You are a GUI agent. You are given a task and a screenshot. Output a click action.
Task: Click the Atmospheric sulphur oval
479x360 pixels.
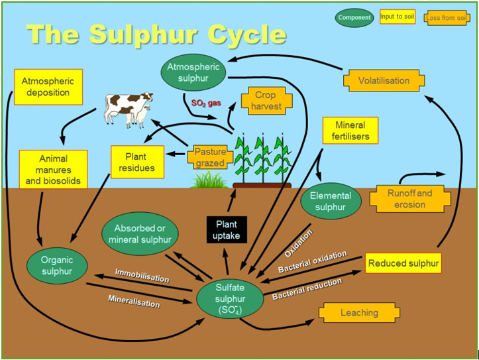click(x=193, y=72)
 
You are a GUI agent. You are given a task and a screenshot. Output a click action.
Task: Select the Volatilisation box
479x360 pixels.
click(x=384, y=80)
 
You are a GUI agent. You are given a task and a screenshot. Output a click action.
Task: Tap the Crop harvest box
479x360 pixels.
click(x=266, y=101)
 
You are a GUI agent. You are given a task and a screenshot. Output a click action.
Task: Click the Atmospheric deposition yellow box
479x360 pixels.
click(x=48, y=87)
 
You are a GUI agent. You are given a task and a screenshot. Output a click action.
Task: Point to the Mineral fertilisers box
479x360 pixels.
click(x=350, y=131)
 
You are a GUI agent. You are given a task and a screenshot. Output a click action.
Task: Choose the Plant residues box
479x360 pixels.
click(x=137, y=162)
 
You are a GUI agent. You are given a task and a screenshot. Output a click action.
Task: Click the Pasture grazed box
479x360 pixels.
click(x=210, y=157)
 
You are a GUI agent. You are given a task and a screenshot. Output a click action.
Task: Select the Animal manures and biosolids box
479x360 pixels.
click(x=54, y=169)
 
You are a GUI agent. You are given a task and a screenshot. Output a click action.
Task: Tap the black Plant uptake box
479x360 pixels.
click(x=227, y=230)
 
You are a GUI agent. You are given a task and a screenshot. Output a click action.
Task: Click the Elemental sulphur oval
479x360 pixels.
click(x=331, y=202)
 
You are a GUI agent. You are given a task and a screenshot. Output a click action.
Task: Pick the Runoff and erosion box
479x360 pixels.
click(x=410, y=199)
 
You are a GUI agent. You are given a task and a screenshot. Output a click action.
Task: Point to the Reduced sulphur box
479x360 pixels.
click(x=403, y=263)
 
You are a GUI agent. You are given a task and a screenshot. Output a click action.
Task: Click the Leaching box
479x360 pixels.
click(x=359, y=313)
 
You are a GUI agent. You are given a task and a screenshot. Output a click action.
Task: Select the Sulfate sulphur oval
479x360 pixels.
click(x=230, y=299)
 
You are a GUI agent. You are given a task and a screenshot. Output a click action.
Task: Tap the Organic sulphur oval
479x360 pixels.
click(x=57, y=266)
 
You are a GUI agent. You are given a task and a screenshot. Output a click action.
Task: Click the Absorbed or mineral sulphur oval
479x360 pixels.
click(x=140, y=234)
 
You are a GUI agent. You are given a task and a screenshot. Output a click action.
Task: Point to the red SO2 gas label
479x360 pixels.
click(x=206, y=103)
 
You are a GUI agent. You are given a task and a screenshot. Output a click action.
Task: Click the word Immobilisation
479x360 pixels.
click(x=142, y=275)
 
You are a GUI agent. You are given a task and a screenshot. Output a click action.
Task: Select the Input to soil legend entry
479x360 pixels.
click(x=398, y=17)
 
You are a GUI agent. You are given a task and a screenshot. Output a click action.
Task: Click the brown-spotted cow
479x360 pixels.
click(x=128, y=108)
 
